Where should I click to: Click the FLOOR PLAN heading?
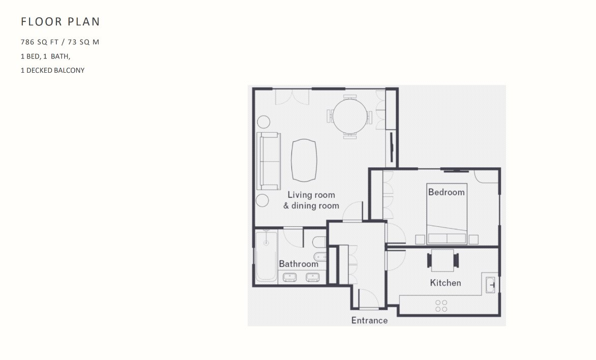coord(61,22)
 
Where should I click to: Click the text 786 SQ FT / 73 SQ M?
coord(60,42)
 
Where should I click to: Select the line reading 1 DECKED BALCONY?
coord(52,70)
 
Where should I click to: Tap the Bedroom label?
coord(446,192)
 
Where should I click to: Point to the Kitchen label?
coord(445,283)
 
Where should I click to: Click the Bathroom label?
coord(299,264)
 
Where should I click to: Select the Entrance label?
coord(370,320)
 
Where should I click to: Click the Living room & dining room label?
coord(311,200)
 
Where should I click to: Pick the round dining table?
coord(350,116)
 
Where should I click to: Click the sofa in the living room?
coord(269,161)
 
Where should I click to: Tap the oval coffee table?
coord(304,160)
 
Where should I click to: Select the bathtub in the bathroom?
coord(266,255)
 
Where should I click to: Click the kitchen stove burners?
coord(441,306)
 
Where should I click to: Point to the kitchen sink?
coord(491,285)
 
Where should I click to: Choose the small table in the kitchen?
coord(443,260)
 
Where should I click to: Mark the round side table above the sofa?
coord(264,122)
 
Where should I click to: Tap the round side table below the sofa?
coord(262,200)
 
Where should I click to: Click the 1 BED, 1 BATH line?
coord(46,56)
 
